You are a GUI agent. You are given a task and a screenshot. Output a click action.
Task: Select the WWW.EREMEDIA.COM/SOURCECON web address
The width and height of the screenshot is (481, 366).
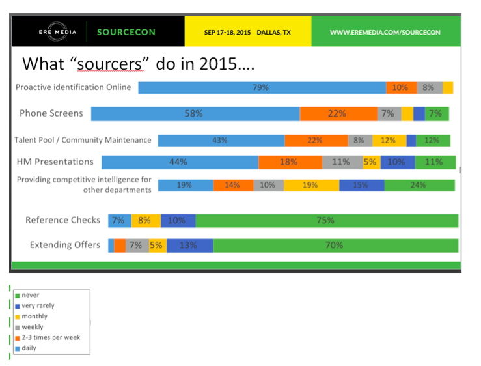(x=385, y=32)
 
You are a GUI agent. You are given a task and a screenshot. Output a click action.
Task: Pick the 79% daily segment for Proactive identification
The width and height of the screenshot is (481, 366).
(x=262, y=87)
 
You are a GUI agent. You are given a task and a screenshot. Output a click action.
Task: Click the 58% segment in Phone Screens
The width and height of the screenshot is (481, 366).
(x=195, y=113)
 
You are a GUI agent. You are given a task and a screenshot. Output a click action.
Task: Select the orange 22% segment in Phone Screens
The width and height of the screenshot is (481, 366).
(x=338, y=113)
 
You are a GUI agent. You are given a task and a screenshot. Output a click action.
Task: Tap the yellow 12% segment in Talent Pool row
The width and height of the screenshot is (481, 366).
(x=389, y=140)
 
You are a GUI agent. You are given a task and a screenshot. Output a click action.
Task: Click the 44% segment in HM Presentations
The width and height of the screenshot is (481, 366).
(x=180, y=162)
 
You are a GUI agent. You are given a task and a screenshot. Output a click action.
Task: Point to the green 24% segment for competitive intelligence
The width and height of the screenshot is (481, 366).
(x=419, y=185)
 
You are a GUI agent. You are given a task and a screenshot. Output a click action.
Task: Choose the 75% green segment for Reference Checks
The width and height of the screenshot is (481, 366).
(x=326, y=220)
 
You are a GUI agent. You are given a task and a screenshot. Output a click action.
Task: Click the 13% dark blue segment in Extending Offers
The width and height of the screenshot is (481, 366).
(x=189, y=246)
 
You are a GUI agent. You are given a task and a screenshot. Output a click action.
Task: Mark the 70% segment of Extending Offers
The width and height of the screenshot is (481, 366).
(x=335, y=246)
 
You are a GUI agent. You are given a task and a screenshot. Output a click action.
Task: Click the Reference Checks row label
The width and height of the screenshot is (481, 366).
(x=62, y=220)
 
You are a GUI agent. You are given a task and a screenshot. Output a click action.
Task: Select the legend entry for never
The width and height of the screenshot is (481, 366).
(x=31, y=295)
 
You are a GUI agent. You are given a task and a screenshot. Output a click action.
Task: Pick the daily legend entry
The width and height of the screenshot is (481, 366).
(x=29, y=348)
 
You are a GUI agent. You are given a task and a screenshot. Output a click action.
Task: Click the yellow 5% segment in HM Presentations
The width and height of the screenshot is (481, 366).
(x=370, y=162)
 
